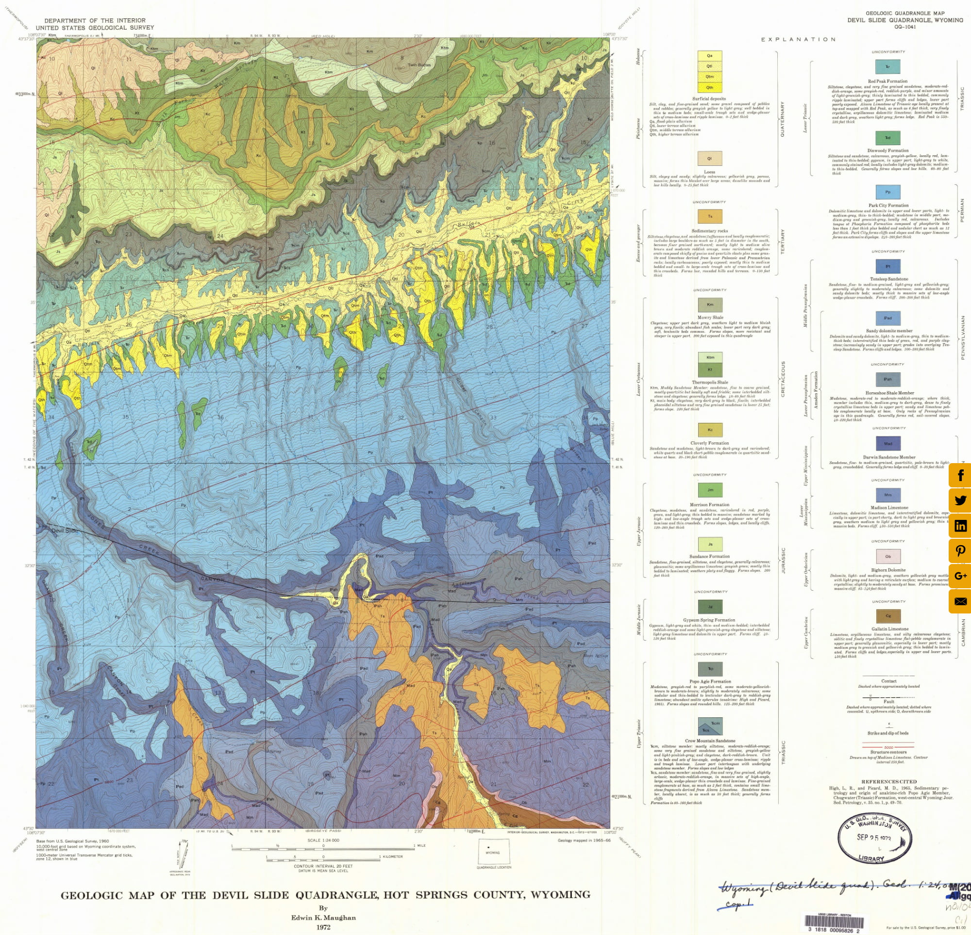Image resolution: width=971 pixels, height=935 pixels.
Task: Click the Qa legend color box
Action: click(709, 56)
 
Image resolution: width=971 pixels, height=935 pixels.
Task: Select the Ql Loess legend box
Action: click(709, 159)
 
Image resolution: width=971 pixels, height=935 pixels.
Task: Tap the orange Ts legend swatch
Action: click(709, 216)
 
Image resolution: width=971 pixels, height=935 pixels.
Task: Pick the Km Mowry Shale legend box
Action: click(709, 305)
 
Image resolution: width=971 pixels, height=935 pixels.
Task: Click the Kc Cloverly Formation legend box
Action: click(709, 430)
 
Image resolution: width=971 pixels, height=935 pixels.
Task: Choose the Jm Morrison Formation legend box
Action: click(709, 490)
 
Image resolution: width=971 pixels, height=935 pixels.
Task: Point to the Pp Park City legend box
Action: click(887, 192)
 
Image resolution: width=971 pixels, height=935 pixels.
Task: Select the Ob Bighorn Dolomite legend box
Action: click(887, 556)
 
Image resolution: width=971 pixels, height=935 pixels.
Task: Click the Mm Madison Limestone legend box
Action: click(887, 495)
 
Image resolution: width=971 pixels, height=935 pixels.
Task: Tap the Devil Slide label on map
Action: click(65, 531)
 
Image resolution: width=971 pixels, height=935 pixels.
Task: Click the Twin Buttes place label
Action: click(419, 65)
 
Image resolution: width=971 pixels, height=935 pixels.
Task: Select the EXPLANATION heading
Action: click(798, 39)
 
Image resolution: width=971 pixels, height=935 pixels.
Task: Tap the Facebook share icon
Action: click(960, 475)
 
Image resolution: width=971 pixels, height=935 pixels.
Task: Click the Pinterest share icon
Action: click(960, 551)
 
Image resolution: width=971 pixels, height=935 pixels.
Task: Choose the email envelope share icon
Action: click(960, 601)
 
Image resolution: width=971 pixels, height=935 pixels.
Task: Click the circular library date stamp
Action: click(874, 840)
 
